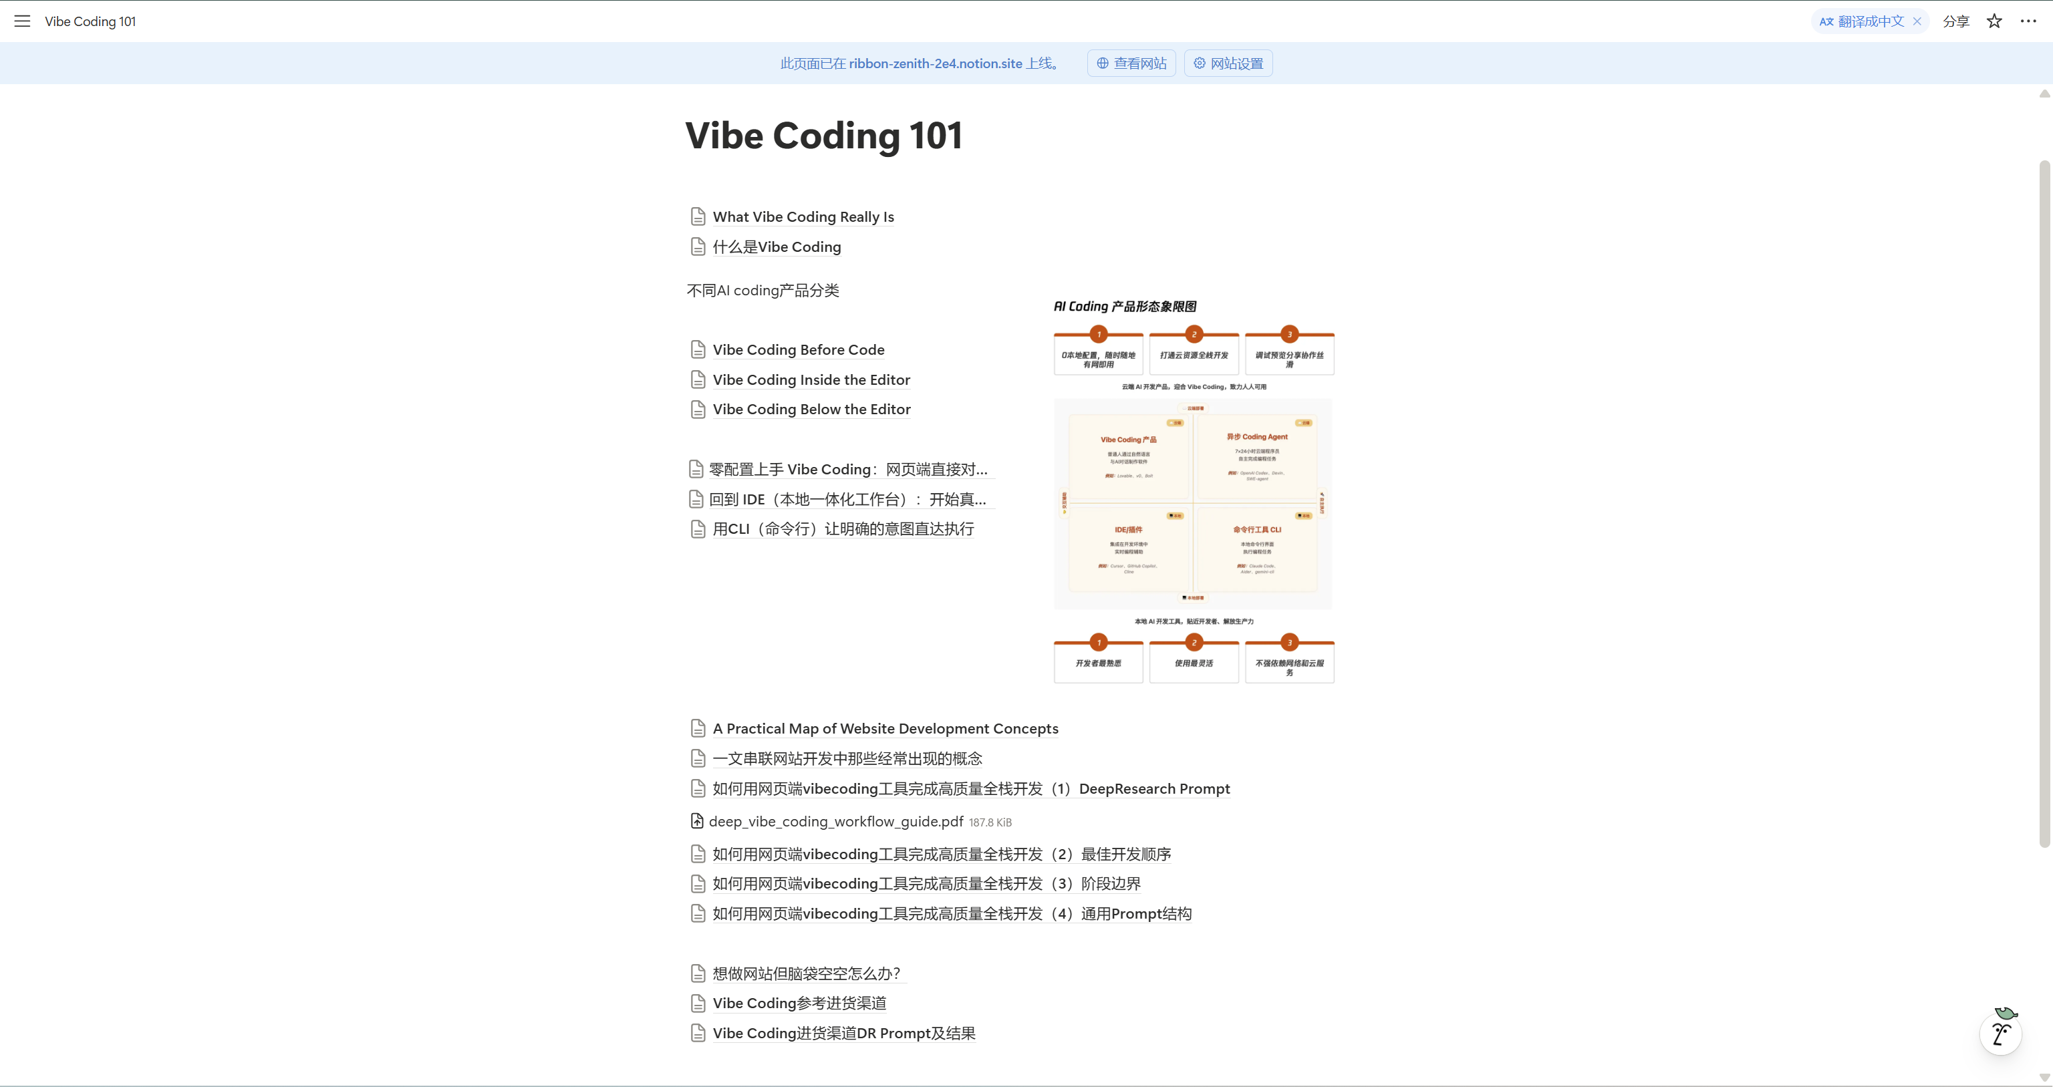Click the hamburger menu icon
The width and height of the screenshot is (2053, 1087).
click(x=22, y=21)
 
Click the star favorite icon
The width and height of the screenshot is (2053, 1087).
click(x=1994, y=21)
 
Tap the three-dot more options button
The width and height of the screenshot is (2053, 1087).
click(x=2028, y=21)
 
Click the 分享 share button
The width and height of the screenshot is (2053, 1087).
click(x=1956, y=21)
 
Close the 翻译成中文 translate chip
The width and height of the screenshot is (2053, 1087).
click(x=1917, y=21)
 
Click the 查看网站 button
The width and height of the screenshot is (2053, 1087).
click(x=1131, y=63)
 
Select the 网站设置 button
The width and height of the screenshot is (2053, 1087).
click(x=1228, y=63)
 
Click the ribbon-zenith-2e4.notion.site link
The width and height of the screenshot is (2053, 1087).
click(x=935, y=63)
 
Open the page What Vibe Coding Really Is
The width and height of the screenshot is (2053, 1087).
click(x=803, y=216)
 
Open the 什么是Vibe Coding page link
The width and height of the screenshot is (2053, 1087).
click(x=777, y=247)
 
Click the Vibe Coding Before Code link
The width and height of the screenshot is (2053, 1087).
click(x=798, y=350)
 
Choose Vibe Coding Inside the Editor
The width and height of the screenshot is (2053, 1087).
click(x=811, y=380)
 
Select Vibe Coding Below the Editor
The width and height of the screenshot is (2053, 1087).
click(x=811, y=410)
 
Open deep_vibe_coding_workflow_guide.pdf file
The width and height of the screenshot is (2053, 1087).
click(x=835, y=822)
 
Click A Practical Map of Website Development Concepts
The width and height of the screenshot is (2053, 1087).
click(x=885, y=729)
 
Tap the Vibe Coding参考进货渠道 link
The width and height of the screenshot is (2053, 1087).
click(x=799, y=1003)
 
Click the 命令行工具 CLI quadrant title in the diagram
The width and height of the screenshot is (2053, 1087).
click(x=1257, y=530)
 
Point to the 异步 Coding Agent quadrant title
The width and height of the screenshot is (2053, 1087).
click(x=1257, y=437)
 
